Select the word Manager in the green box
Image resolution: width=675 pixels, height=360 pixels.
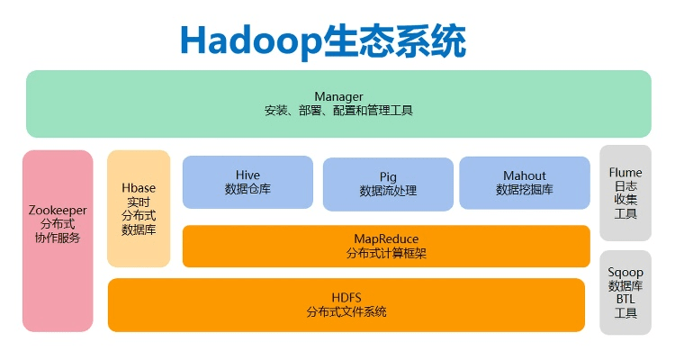pos(338,96)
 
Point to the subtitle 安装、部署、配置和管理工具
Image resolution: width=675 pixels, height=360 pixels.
pos(338,111)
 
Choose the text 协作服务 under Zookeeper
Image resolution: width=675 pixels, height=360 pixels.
pos(58,238)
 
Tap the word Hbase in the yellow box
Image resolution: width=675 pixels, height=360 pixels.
pos(139,187)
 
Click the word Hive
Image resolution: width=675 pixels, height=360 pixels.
pos(247,175)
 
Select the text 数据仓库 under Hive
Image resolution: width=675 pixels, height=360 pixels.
pos(247,190)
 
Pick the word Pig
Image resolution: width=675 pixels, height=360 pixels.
pos(388,176)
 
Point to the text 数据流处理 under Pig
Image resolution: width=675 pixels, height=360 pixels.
pos(388,192)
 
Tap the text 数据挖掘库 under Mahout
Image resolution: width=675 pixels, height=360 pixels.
pos(525,190)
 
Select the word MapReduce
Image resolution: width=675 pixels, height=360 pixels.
pos(386,238)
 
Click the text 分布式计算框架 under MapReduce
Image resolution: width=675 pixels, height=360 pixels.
pos(386,254)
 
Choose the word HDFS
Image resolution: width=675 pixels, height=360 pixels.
pos(346,296)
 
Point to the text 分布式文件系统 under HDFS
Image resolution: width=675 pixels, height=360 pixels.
pos(346,311)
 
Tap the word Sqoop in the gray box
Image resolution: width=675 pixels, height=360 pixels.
pos(625,270)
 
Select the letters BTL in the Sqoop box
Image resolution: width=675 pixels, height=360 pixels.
pos(625,299)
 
